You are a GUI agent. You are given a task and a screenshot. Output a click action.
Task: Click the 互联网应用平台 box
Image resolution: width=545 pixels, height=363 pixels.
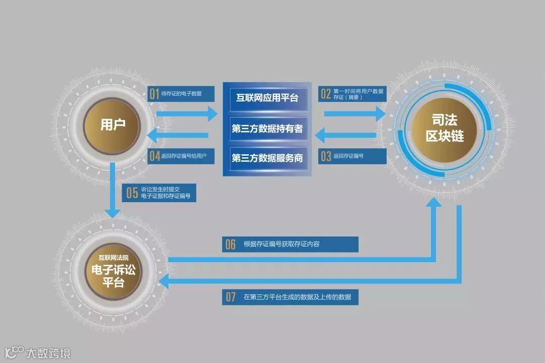(267, 97)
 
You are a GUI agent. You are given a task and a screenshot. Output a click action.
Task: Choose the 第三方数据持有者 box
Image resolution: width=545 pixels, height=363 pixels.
(267, 129)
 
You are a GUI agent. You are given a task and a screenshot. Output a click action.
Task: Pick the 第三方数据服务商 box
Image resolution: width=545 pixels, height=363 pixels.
(267, 158)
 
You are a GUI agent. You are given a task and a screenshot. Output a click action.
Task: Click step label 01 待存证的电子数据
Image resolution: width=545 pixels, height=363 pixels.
(181, 93)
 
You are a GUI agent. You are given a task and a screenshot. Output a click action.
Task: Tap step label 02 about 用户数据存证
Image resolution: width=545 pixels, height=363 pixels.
(353, 94)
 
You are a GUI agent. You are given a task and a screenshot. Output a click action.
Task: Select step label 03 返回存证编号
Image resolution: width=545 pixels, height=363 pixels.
(353, 156)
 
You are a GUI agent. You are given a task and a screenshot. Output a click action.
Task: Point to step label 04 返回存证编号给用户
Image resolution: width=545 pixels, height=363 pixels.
(181, 156)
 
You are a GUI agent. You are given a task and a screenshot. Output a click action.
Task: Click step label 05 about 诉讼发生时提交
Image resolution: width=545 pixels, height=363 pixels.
(159, 193)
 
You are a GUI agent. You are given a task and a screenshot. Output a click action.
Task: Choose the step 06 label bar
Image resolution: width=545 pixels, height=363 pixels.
(290, 245)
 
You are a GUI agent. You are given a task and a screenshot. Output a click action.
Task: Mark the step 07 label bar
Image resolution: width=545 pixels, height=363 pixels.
(290, 297)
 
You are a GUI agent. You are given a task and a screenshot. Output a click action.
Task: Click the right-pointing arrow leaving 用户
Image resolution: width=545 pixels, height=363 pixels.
(186, 113)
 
